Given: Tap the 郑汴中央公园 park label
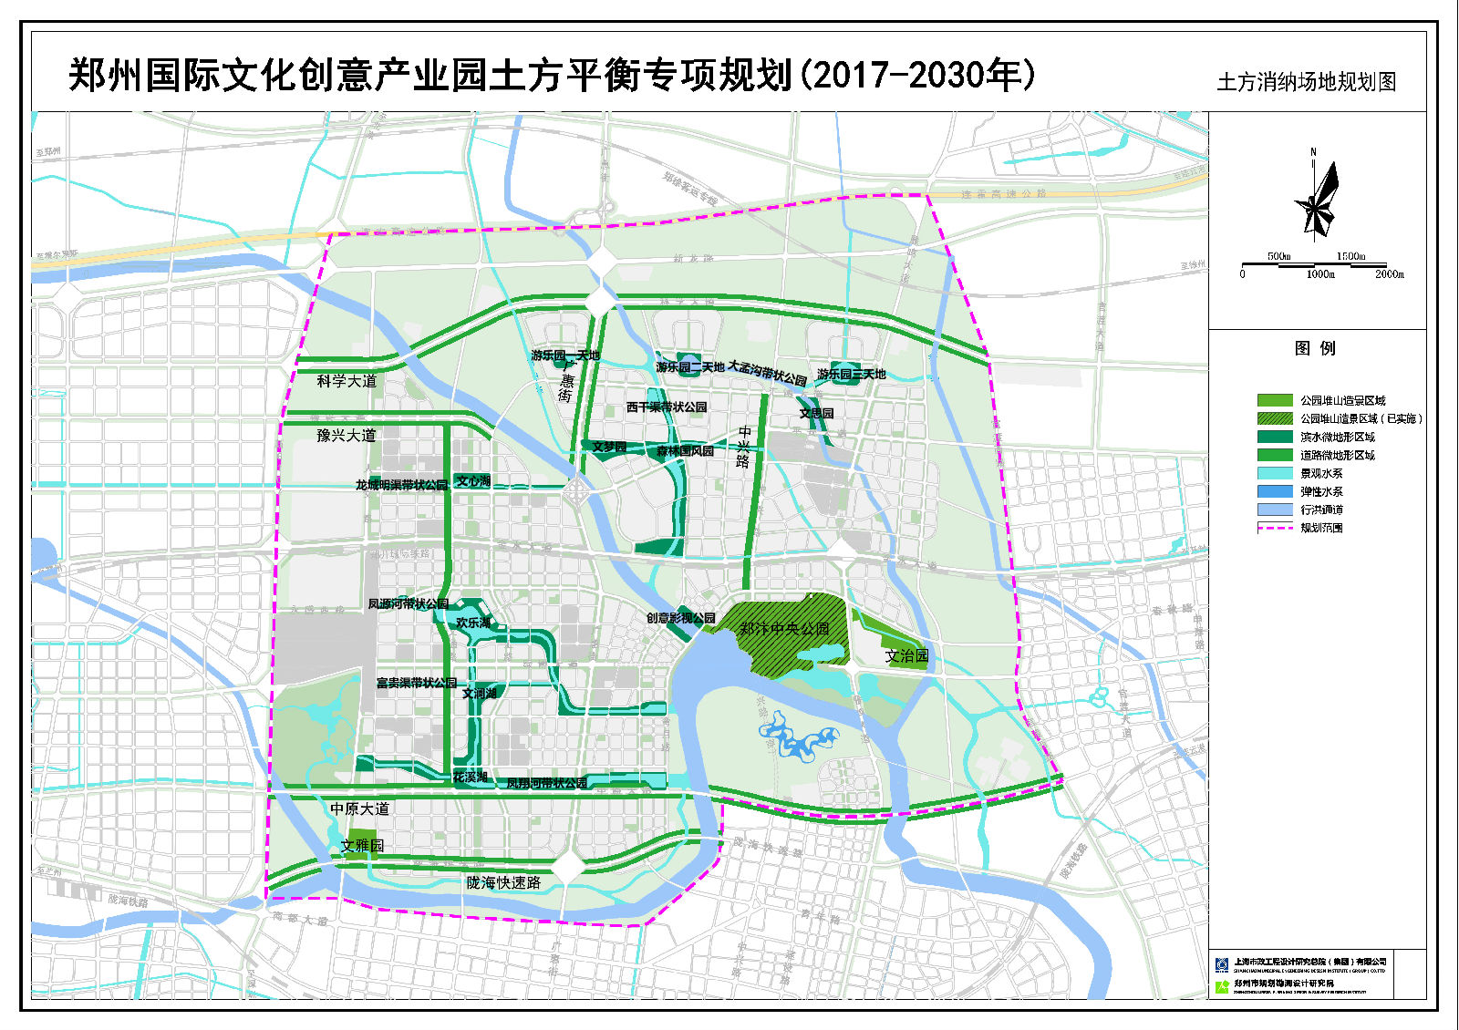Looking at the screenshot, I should [x=784, y=629].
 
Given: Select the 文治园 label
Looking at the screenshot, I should [x=906, y=655].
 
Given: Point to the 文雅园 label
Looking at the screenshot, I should [x=362, y=846].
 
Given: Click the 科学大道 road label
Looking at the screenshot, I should [x=347, y=381].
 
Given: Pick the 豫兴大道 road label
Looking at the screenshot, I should [x=347, y=436].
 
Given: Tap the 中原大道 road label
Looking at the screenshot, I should [x=359, y=809].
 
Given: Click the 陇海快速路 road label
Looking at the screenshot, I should [x=503, y=882].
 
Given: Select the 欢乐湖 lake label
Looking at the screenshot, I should [x=473, y=623].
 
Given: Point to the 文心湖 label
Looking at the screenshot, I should [x=473, y=481].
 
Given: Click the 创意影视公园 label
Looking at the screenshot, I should [x=680, y=618].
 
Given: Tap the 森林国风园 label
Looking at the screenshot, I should [x=685, y=451].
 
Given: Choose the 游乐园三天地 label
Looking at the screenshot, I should [x=851, y=375].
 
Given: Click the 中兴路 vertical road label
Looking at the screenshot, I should [x=744, y=447].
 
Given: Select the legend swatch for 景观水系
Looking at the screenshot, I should [x=1274, y=473].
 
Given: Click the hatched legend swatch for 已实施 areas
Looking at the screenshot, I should [x=1274, y=418].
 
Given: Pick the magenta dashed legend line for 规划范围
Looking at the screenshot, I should [x=1274, y=528].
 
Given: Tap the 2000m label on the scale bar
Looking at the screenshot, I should [x=1389, y=274].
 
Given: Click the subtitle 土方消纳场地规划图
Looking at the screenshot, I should [x=1306, y=82].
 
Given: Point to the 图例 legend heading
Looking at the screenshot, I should [x=1315, y=348].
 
